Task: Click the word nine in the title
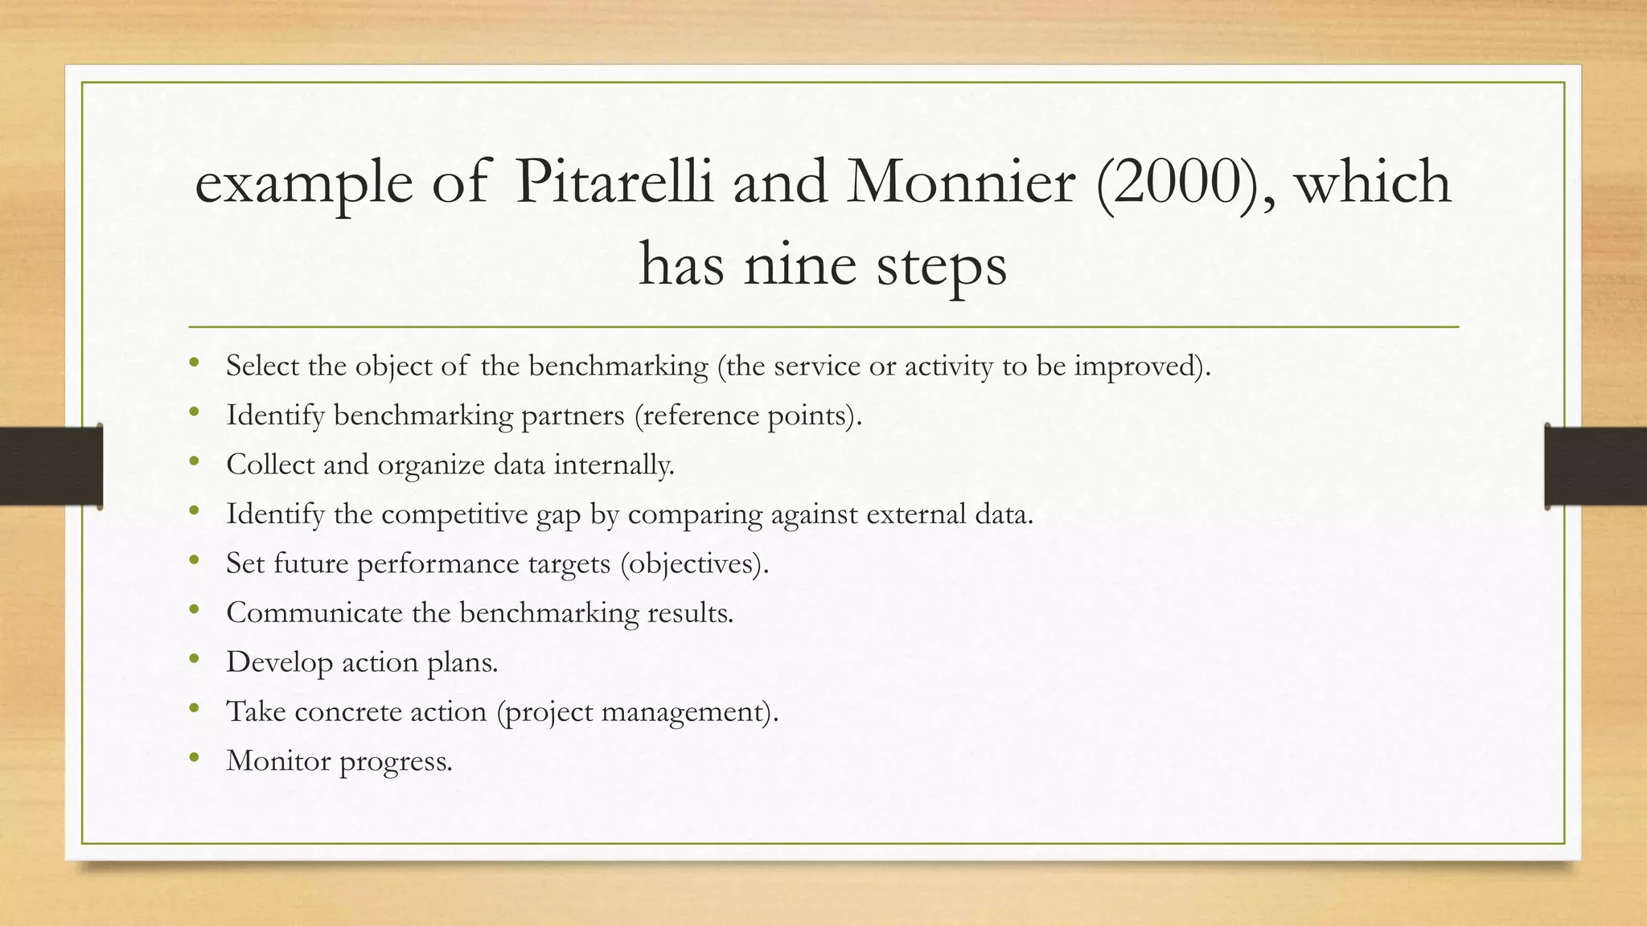pyautogui.click(x=799, y=266)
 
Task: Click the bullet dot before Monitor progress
pyautogui.click(x=194, y=757)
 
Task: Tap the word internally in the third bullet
pyautogui.click(x=614, y=465)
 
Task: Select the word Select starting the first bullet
pyautogui.click(x=262, y=367)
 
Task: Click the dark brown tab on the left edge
pyautogui.click(x=51, y=466)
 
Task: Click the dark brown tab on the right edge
pyautogui.click(x=1596, y=466)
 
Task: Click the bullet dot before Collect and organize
pyautogui.click(x=194, y=461)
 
